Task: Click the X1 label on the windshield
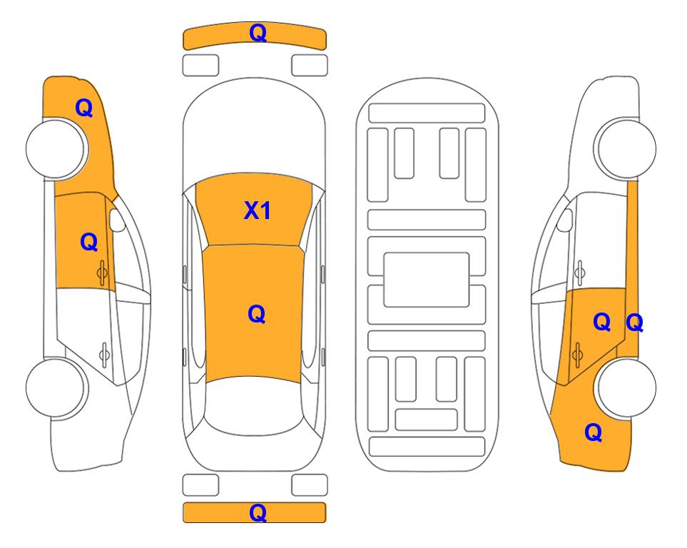[x=258, y=210]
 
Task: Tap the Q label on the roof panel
[x=257, y=314]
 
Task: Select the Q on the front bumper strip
[x=258, y=33]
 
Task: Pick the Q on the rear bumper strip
[x=258, y=512]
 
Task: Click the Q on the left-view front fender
[x=84, y=108]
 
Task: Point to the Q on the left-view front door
[x=89, y=242]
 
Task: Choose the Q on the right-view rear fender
[x=594, y=432]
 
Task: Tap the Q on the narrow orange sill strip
[x=634, y=323]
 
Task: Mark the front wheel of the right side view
[x=625, y=149]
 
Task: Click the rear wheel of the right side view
[x=626, y=387]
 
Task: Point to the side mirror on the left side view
[x=116, y=220]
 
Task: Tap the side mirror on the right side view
[x=565, y=220]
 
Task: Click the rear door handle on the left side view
[x=104, y=354]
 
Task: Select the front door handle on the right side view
[x=579, y=273]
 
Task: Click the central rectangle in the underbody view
[x=427, y=280]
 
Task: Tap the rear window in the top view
[x=253, y=405]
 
